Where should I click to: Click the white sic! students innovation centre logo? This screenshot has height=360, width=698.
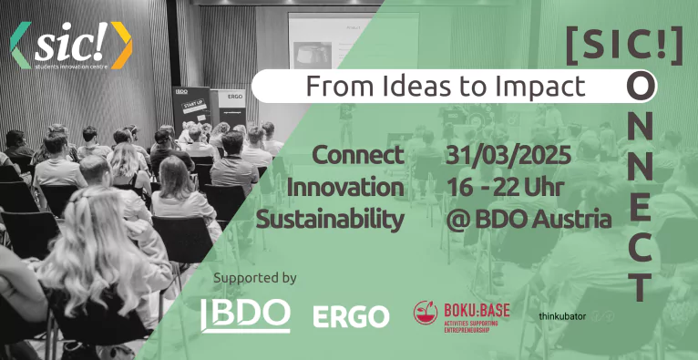click(71, 46)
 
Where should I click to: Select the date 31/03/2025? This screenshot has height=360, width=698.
click(508, 156)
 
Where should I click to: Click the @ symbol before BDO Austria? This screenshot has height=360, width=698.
click(457, 220)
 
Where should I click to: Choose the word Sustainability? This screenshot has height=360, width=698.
click(330, 221)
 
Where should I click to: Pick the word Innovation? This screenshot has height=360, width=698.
click(345, 188)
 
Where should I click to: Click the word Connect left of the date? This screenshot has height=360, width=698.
click(358, 156)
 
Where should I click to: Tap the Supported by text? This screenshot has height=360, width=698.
click(254, 278)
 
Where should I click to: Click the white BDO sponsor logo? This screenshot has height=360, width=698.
click(245, 315)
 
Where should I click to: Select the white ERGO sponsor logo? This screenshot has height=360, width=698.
click(351, 316)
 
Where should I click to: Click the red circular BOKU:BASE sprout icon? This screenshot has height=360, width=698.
click(426, 312)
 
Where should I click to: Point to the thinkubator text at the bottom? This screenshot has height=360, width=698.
click(562, 317)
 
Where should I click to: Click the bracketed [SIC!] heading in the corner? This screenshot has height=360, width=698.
click(624, 46)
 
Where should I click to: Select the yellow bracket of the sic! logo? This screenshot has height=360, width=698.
click(122, 46)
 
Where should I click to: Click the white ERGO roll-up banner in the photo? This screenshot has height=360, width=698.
click(232, 108)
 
